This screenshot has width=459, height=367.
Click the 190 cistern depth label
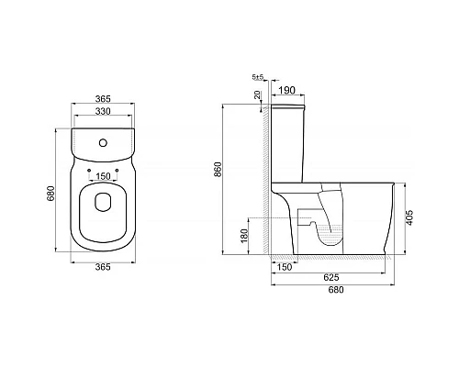[x=285, y=91]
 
